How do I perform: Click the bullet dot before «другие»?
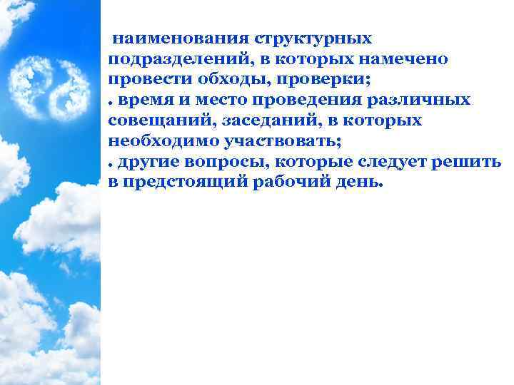click(x=111, y=164)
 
